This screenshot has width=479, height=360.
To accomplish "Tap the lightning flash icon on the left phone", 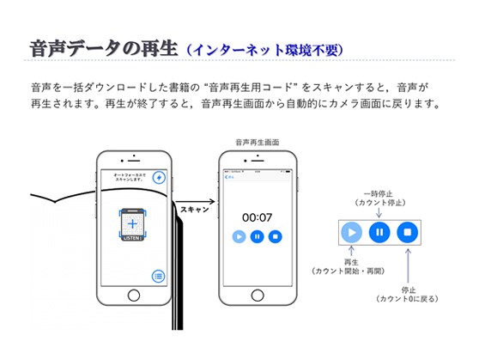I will point(159,178).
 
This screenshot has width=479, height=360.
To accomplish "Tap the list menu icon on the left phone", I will point(159,276).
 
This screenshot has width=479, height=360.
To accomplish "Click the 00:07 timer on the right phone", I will point(257,217).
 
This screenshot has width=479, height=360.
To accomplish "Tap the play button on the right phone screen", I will point(239,236).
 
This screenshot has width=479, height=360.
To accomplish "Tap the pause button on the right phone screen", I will point(257,236).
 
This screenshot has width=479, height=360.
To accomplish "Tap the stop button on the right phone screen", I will point(275,236).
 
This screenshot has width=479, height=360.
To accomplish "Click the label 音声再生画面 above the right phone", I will point(257,142).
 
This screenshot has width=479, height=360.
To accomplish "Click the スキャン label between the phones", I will point(195,209).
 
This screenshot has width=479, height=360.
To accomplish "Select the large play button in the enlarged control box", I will point(352,232).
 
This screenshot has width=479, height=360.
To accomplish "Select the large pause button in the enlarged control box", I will point(379,232).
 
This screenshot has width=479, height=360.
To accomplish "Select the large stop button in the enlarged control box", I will point(409,232).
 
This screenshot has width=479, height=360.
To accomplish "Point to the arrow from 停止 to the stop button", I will point(409,263).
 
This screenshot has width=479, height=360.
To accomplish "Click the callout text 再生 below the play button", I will point(351,262).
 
